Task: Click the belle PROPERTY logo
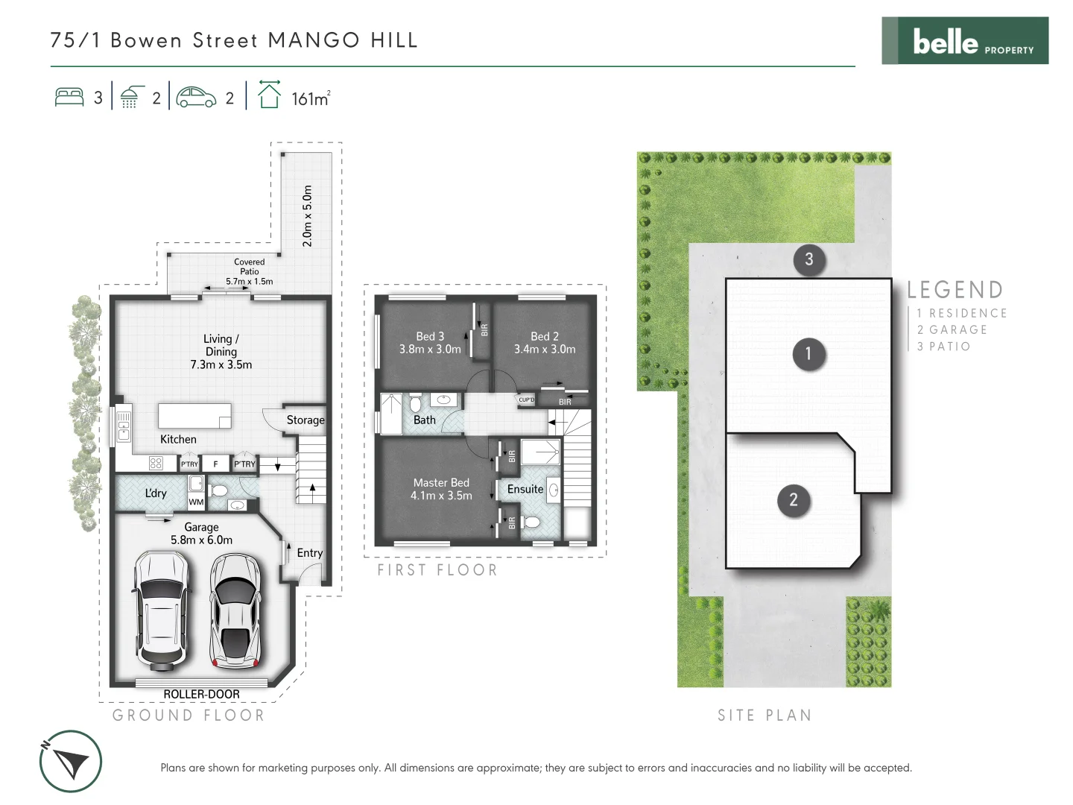965,41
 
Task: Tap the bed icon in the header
69,98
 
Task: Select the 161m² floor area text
311,98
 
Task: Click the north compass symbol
70,761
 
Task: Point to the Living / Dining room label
221,345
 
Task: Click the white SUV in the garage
161,610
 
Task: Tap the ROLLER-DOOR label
201,694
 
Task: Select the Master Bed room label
441,482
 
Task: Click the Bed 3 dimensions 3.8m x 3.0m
430,350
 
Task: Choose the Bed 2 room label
545,336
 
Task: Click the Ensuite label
525,489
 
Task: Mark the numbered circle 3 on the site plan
808,259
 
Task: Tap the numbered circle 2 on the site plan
793,500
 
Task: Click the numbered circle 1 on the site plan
808,353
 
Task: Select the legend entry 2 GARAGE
952,329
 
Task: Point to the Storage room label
306,420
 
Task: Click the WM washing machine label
196,502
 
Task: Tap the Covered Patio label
250,267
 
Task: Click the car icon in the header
196,98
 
